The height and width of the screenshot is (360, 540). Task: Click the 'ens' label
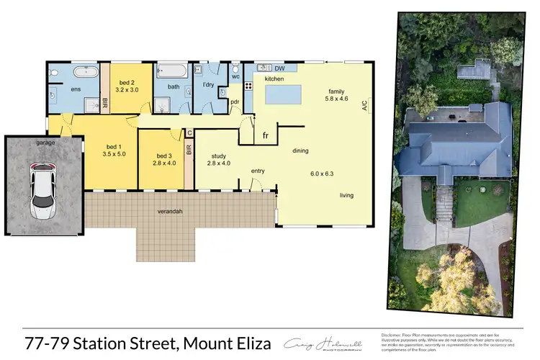[x=76, y=89]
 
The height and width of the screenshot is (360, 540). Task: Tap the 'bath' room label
[x=174, y=87]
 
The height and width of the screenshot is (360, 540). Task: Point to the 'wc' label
[x=235, y=76]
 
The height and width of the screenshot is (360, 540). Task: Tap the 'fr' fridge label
[x=265, y=135]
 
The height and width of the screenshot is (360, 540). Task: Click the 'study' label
[x=219, y=157]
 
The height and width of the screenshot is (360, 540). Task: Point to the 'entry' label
[x=258, y=171]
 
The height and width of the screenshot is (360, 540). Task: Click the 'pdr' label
[x=235, y=102]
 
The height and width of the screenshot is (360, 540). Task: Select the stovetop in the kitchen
[x=249, y=86]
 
